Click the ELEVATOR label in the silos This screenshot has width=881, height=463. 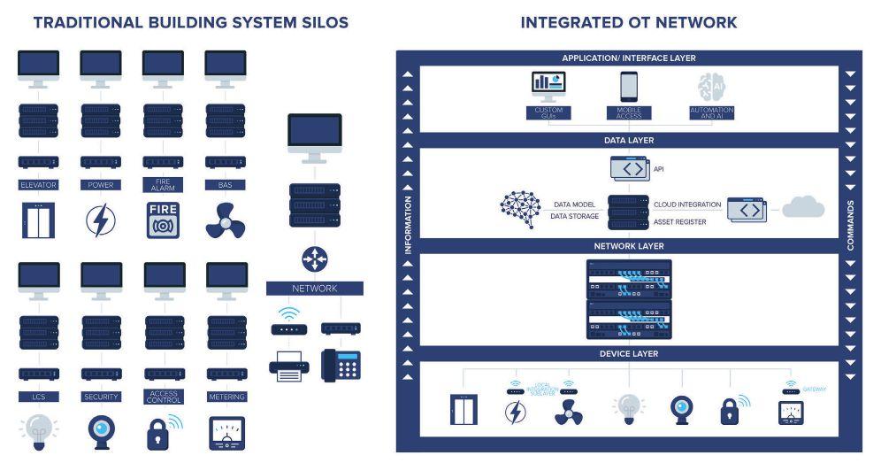pyautogui.click(x=38, y=185)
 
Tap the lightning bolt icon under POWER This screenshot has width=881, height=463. pyautogui.click(x=100, y=220)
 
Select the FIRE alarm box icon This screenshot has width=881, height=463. pyautogui.click(x=163, y=220)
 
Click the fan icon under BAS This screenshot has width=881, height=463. pyautogui.click(x=225, y=220)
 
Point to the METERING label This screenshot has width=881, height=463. pyautogui.click(x=226, y=397)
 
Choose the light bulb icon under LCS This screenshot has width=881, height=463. pyautogui.click(x=37, y=431)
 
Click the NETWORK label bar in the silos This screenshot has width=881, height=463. pyautogui.click(x=314, y=289)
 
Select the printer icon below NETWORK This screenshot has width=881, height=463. pyautogui.click(x=289, y=365)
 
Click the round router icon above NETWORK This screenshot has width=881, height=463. pyautogui.click(x=314, y=259)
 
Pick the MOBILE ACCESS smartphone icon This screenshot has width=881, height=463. pyautogui.click(x=629, y=86)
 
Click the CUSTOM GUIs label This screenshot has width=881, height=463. pyautogui.click(x=549, y=112)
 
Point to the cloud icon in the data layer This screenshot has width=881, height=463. pyautogui.click(x=802, y=208)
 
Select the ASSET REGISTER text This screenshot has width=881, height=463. pyautogui.click(x=679, y=221)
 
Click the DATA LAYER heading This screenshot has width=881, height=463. pyautogui.click(x=629, y=140)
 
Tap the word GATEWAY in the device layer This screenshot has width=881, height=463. pyautogui.click(x=816, y=389)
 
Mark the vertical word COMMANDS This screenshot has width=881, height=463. pyautogui.click(x=850, y=225)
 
